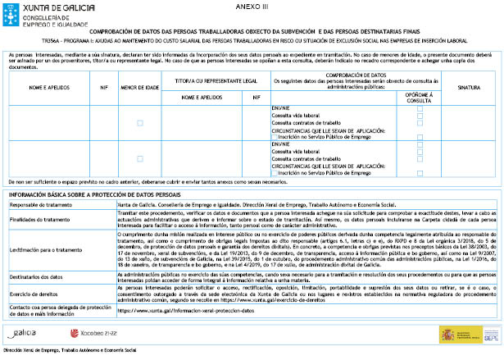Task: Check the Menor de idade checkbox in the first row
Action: point(139,122)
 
